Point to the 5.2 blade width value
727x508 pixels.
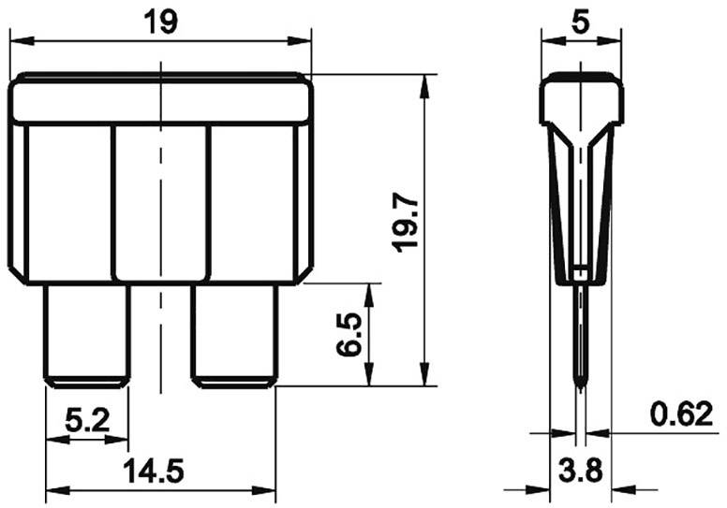tap(86, 422)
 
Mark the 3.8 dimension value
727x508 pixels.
tap(581, 472)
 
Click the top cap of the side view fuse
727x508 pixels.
tap(581, 97)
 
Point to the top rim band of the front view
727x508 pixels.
tap(160, 99)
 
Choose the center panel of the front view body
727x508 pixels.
tap(160, 201)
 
